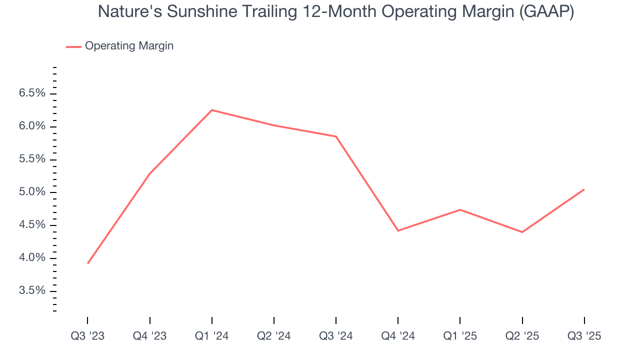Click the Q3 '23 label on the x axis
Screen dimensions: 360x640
point(87,336)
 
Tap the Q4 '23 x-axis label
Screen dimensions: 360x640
point(149,336)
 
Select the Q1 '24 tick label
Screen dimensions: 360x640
point(212,336)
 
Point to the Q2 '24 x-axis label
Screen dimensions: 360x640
point(274,336)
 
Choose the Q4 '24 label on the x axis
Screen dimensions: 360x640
point(398,336)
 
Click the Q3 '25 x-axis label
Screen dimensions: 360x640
point(584,336)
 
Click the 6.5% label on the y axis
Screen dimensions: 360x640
point(32,93)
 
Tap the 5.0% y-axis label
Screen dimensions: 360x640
point(32,192)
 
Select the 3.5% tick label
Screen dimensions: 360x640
point(32,291)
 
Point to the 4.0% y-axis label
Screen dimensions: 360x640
point(32,258)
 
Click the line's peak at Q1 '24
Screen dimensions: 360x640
point(212,110)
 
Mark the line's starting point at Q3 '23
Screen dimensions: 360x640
point(88,263)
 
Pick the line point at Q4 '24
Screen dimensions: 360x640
point(398,230)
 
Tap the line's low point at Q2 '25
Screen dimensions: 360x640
point(522,232)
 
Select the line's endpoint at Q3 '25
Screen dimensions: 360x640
point(584,189)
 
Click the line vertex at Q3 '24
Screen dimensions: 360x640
point(336,136)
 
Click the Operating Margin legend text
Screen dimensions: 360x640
point(129,46)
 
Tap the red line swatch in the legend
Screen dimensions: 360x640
point(73,46)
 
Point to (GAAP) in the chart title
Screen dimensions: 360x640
point(546,11)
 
